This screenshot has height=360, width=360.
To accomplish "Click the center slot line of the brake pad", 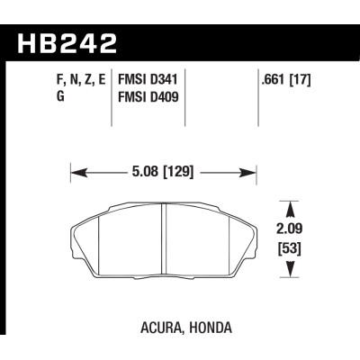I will [165, 238].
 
